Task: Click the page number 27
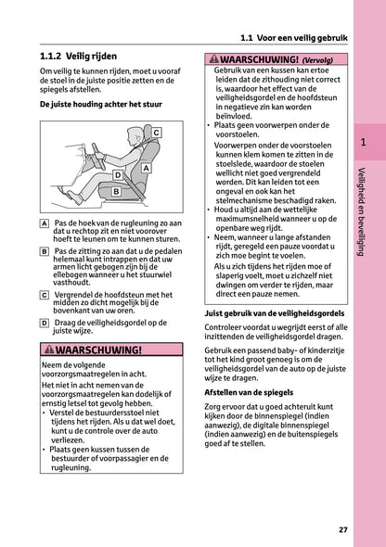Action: coord(343,529)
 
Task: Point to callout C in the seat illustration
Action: coord(155,134)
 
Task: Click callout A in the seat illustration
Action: coord(146,168)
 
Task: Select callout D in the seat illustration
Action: coord(117,174)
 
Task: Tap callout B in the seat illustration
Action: coord(115,191)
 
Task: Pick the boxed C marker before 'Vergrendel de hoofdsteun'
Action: coord(45,295)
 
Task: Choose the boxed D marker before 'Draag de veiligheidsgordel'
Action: coord(45,323)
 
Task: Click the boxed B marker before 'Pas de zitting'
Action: coord(45,251)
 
